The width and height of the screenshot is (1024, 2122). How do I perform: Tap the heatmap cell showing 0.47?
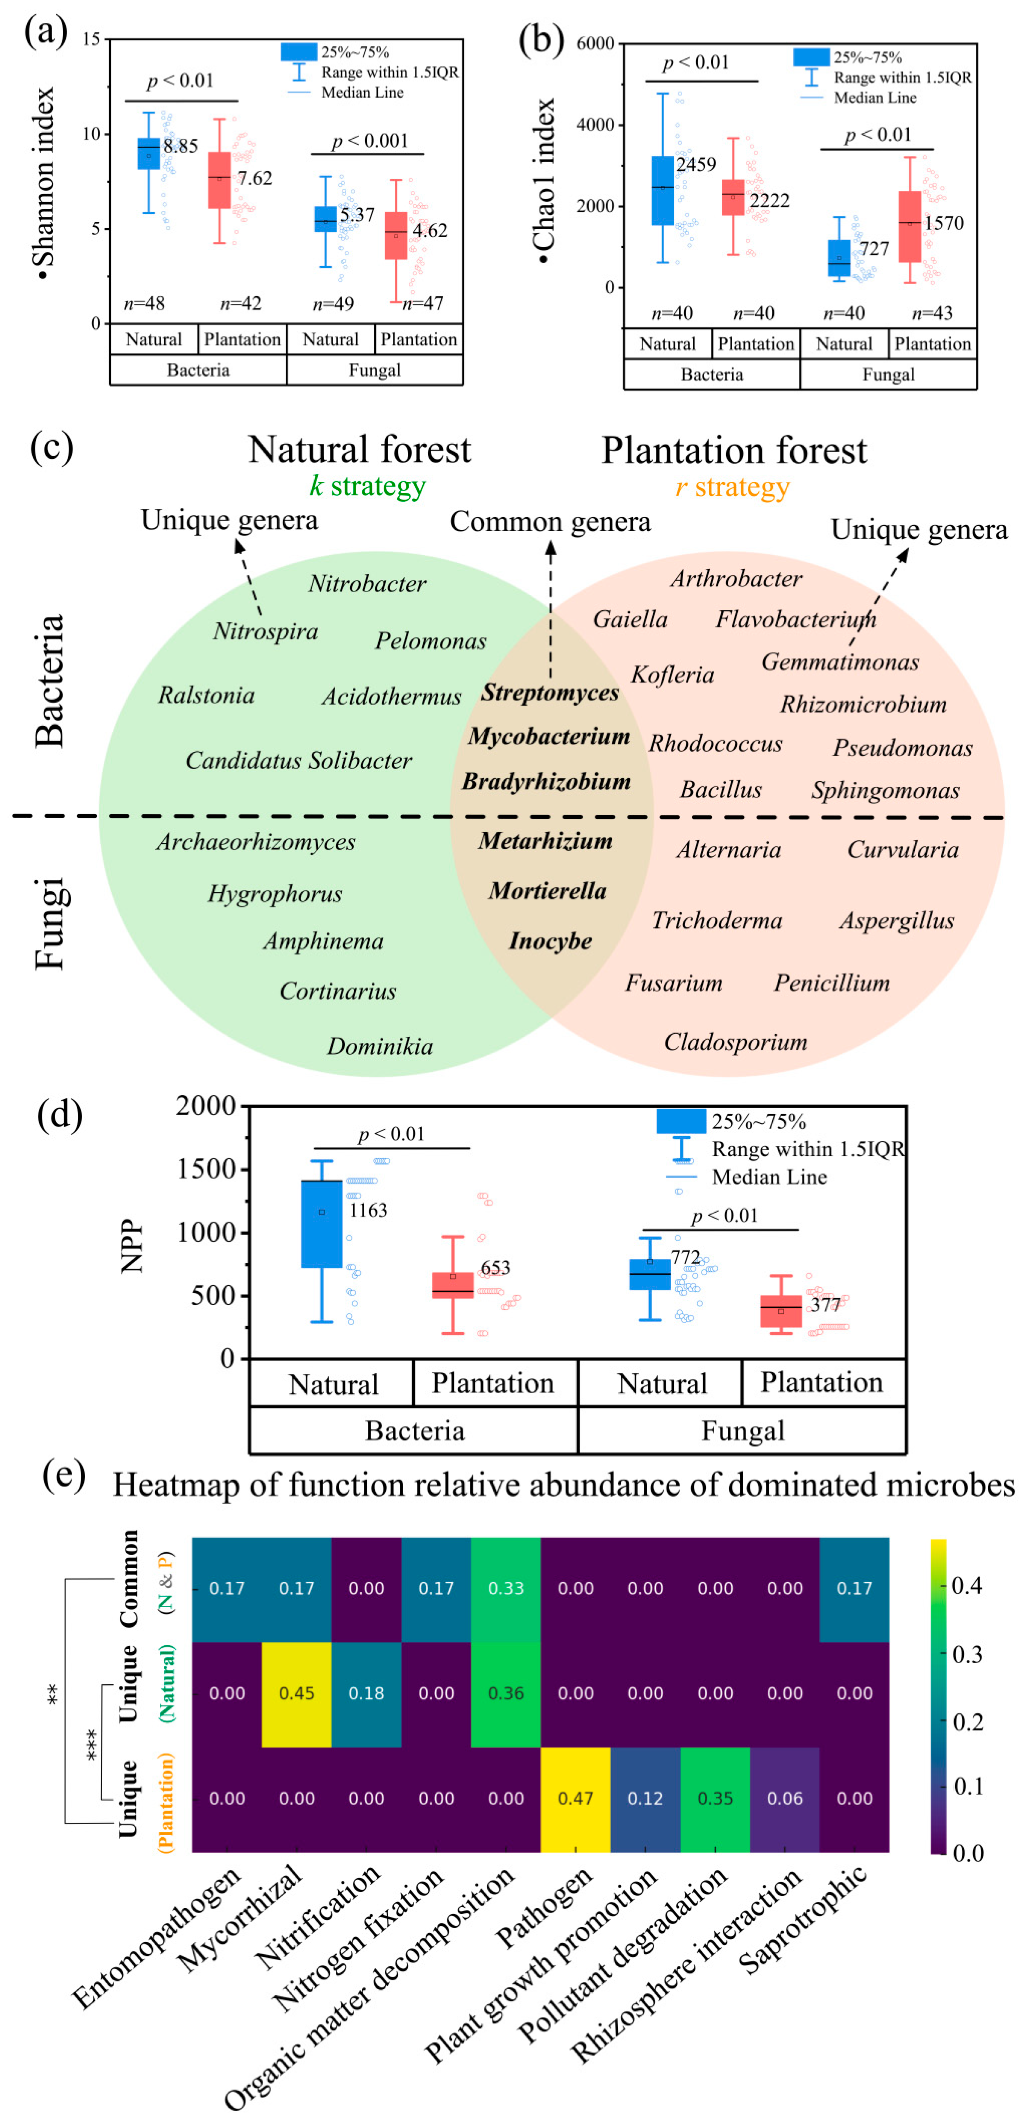click(x=575, y=1798)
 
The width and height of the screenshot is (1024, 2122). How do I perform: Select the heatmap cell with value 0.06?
click(x=784, y=1798)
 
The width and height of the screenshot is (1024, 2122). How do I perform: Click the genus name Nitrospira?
click(x=265, y=632)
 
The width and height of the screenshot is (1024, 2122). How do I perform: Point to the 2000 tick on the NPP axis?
click(x=206, y=1106)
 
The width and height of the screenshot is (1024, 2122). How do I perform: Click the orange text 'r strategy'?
click(x=732, y=487)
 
